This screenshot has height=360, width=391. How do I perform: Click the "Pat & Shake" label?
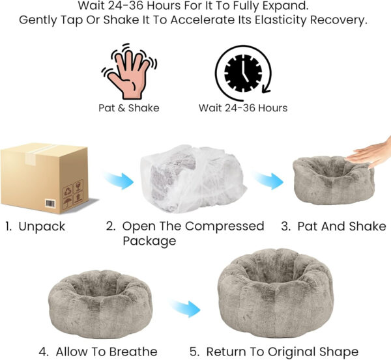coord(129,108)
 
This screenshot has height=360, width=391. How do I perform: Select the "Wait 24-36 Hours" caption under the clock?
coord(243,108)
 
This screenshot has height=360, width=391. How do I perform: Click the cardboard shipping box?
coord(44,178)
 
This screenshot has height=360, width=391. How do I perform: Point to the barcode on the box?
coord(50,204)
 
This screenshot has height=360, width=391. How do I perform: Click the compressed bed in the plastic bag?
coord(192,179)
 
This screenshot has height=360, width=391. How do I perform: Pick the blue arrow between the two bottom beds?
coord(185,309)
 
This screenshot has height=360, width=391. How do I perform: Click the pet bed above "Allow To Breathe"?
coord(100,304)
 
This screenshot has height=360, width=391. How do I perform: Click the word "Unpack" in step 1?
coord(42,227)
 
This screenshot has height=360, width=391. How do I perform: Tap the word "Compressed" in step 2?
coord(224,226)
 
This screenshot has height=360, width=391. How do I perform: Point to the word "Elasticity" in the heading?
coord(280,20)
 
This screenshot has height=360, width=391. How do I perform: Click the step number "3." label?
coord(286,226)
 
